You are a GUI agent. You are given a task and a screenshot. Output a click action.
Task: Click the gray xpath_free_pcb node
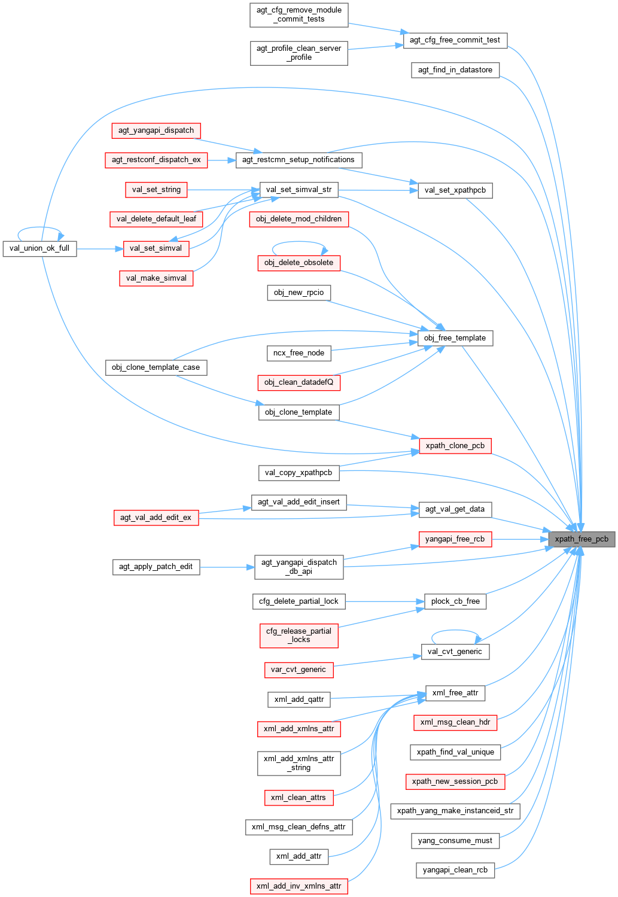(581, 539)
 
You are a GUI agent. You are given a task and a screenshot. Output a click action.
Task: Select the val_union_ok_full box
(39, 248)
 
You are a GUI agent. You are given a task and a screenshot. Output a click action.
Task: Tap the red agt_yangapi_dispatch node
(156, 130)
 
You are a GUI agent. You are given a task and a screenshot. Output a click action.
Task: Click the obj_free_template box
(455, 338)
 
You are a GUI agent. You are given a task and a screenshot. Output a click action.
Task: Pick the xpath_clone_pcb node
(455, 446)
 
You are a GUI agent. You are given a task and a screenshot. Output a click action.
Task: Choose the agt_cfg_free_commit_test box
(455, 40)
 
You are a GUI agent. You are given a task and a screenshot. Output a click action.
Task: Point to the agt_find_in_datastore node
(455, 70)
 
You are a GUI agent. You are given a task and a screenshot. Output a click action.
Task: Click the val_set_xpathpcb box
(455, 190)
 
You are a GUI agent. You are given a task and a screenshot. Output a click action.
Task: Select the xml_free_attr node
(455, 693)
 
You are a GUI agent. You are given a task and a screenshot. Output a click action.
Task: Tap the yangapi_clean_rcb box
(455, 870)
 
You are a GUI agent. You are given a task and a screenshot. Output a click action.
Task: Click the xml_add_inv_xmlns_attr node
(299, 886)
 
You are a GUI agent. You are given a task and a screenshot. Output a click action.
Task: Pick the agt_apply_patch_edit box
(156, 567)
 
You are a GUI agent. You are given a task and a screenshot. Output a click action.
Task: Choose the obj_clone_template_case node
(156, 367)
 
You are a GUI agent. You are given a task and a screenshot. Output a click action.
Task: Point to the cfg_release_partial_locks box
(299, 635)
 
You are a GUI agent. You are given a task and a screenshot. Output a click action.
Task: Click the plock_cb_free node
(455, 601)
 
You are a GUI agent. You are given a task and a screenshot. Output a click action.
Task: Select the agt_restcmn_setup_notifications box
(298, 160)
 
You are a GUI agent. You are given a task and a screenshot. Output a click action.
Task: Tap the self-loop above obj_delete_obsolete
(299, 242)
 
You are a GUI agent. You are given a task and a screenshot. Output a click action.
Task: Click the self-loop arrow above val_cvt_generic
(455, 631)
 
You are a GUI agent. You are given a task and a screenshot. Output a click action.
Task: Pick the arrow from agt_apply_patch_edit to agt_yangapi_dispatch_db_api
(227, 567)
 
